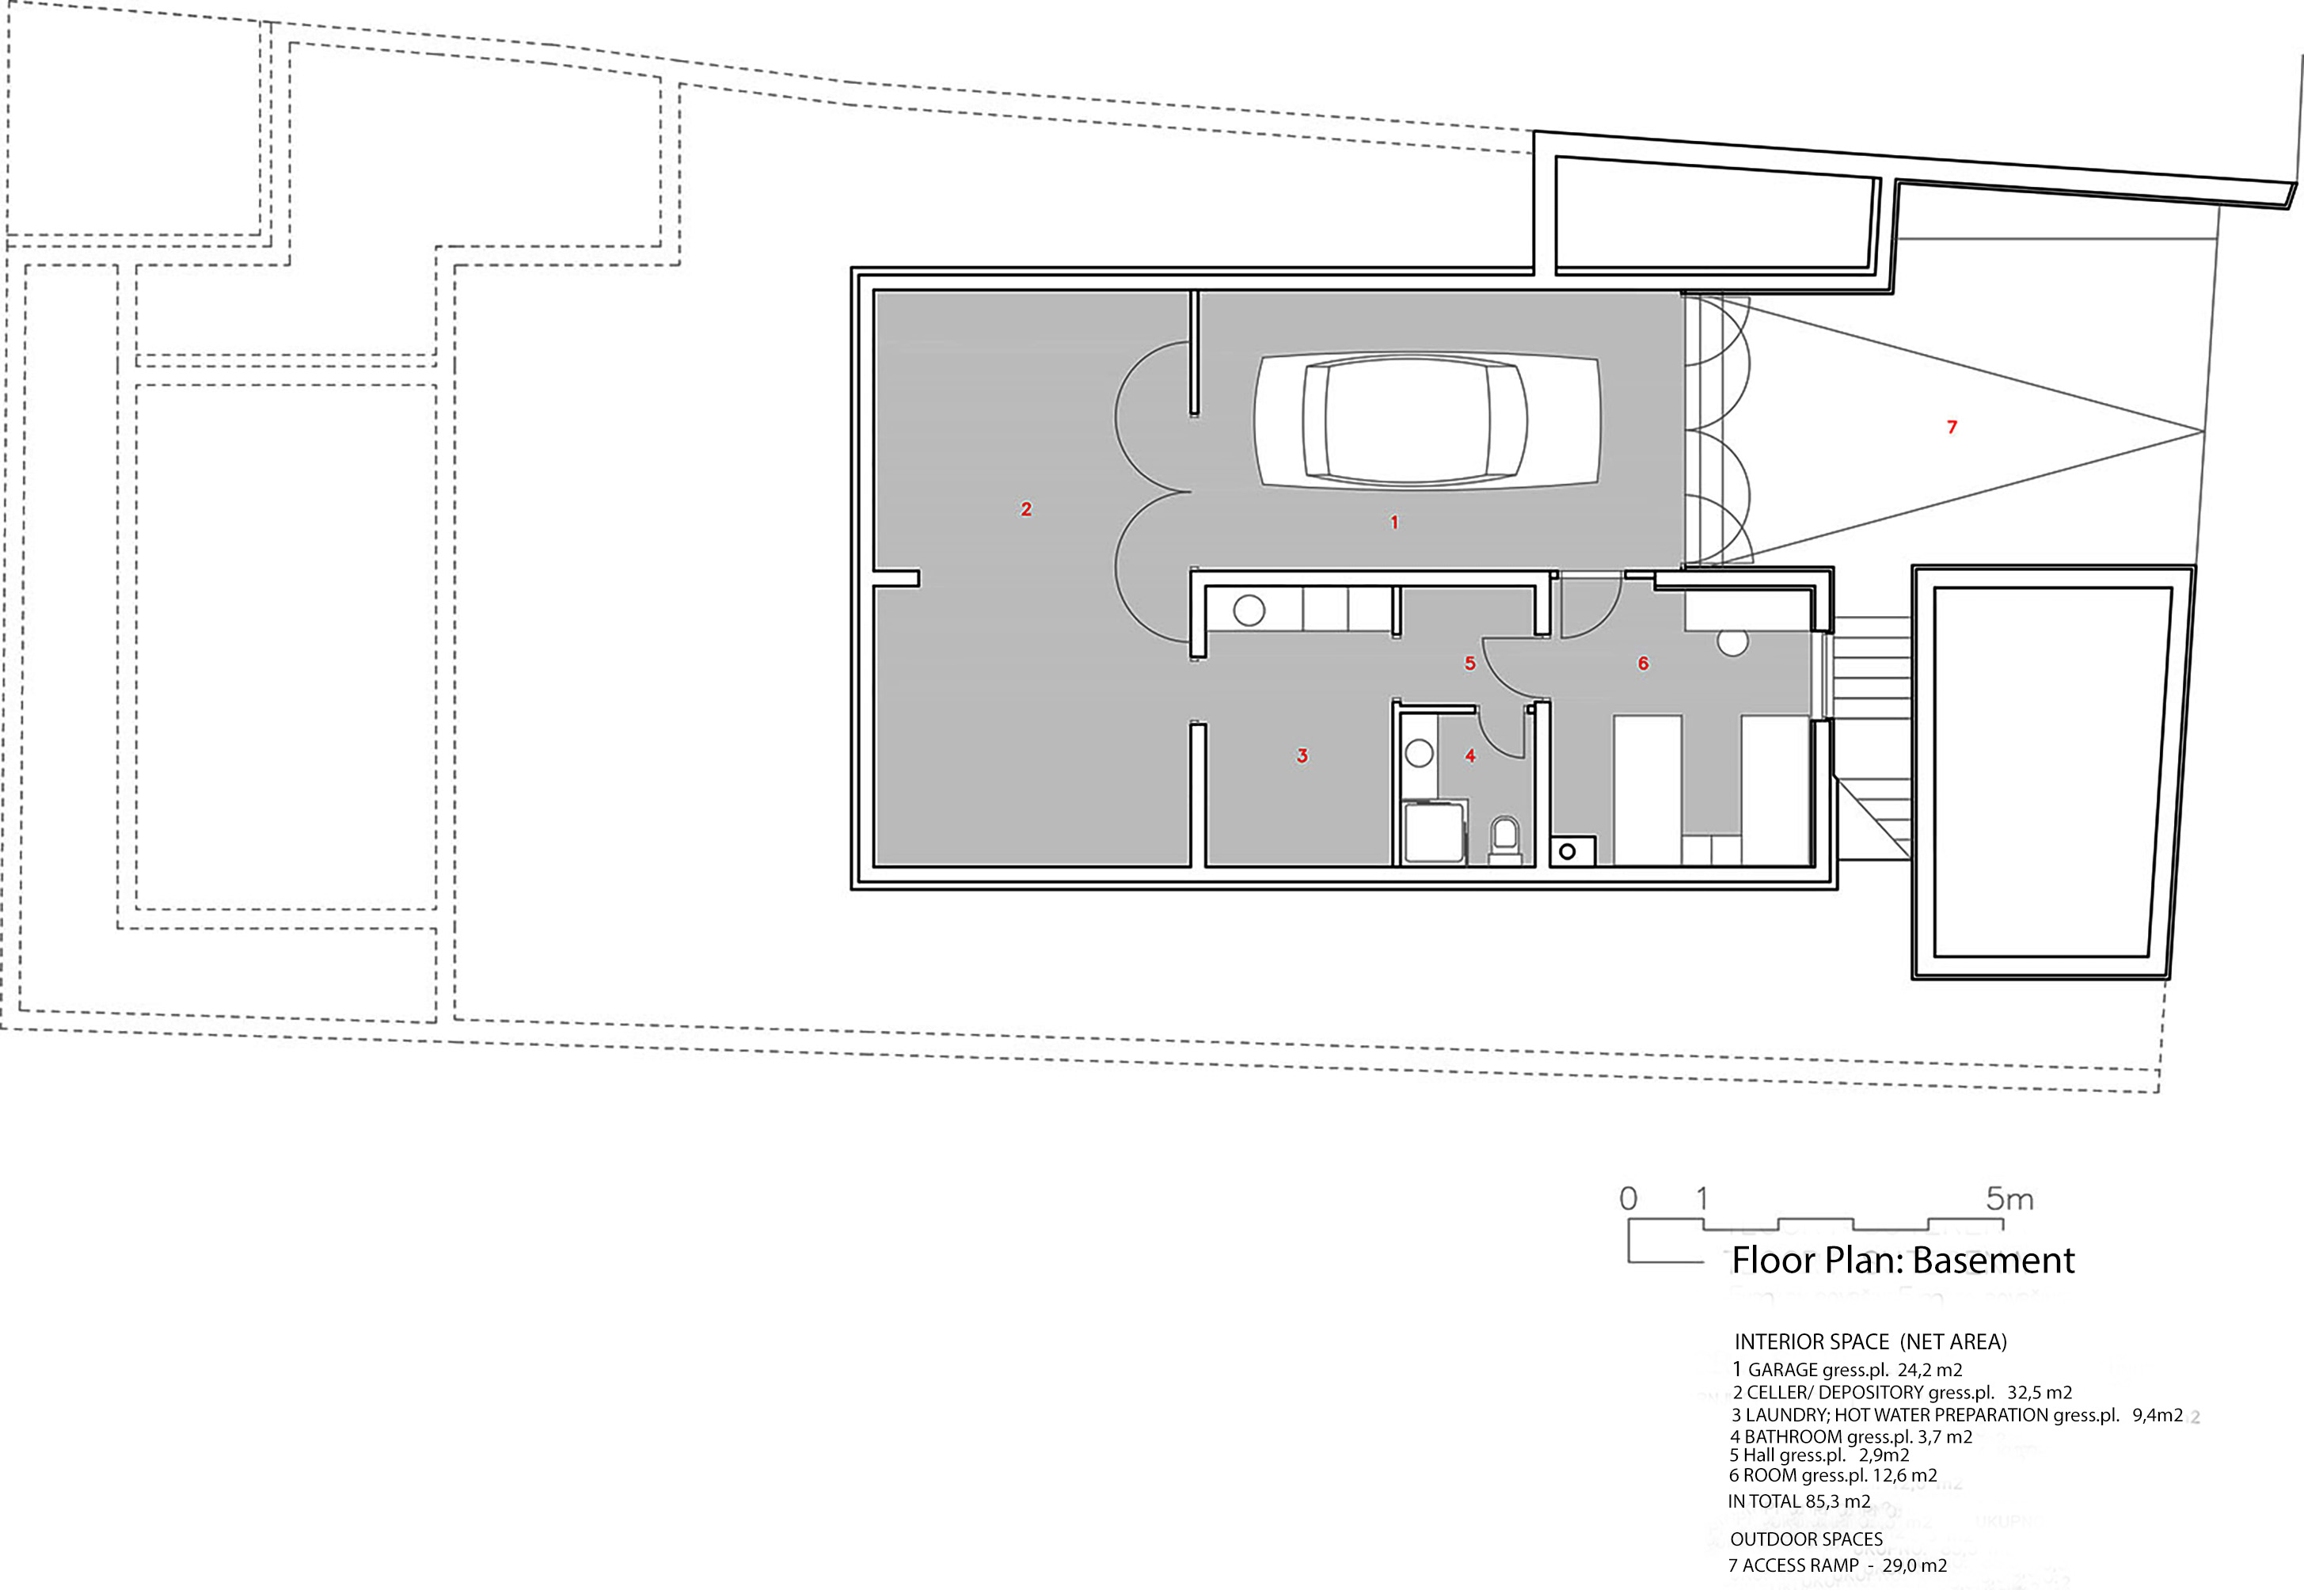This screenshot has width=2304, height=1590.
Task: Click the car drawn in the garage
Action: tap(1427, 420)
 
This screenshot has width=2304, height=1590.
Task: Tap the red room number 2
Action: tap(1026, 509)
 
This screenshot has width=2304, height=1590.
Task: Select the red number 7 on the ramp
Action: tap(1952, 428)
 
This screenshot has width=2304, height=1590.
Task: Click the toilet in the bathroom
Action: tap(1505, 837)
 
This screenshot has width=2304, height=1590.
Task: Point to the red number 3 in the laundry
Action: tap(1302, 756)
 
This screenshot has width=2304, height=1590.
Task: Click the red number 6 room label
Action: tap(1644, 664)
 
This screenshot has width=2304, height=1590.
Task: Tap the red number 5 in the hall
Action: tap(1469, 664)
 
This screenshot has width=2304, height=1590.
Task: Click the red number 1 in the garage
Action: tap(1394, 522)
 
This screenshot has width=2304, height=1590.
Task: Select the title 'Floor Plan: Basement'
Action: tap(1903, 1261)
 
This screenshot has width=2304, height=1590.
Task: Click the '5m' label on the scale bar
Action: tap(2010, 1199)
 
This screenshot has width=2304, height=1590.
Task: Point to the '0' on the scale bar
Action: tap(1629, 1199)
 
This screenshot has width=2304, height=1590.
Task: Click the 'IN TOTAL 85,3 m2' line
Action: tap(1799, 1501)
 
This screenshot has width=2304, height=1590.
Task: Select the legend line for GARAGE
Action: tap(1847, 1370)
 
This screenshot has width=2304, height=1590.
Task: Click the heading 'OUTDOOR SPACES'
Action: tap(1806, 1539)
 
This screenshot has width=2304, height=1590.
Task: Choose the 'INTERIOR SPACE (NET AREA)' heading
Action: tap(1871, 1342)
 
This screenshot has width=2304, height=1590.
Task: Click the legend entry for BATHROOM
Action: tap(1851, 1436)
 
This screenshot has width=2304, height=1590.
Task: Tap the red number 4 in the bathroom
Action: tap(1470, 756)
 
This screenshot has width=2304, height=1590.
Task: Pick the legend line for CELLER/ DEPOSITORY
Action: tap(1902, 1393)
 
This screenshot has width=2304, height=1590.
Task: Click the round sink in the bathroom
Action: tap(1420, 754)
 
